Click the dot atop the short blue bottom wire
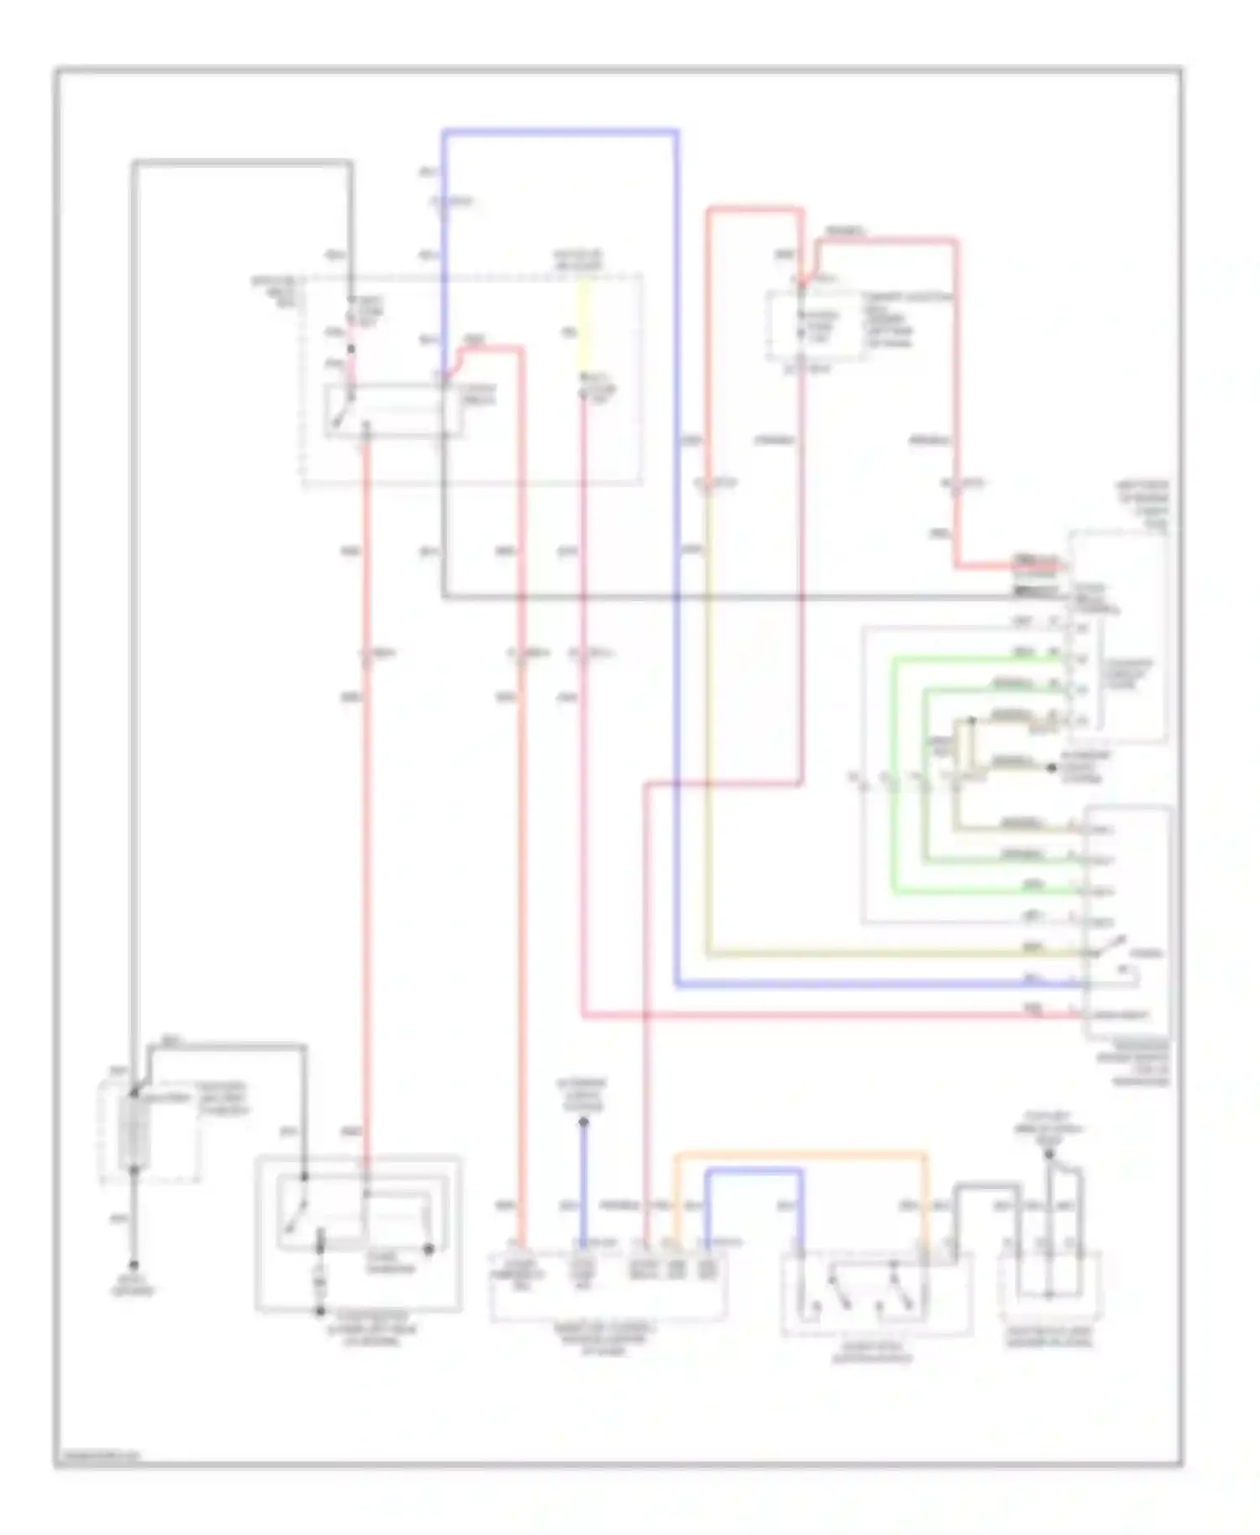coord(583,1122)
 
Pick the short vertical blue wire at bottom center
coord(583,1184)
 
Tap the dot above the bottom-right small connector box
coord(1048,1154)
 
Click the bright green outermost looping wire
coord(895,773)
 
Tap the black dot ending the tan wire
coord(1050,767)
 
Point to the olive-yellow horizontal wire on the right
coord(882,954)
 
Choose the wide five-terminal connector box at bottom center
coord(608,1286)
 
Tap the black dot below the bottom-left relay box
coord(319,1311)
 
